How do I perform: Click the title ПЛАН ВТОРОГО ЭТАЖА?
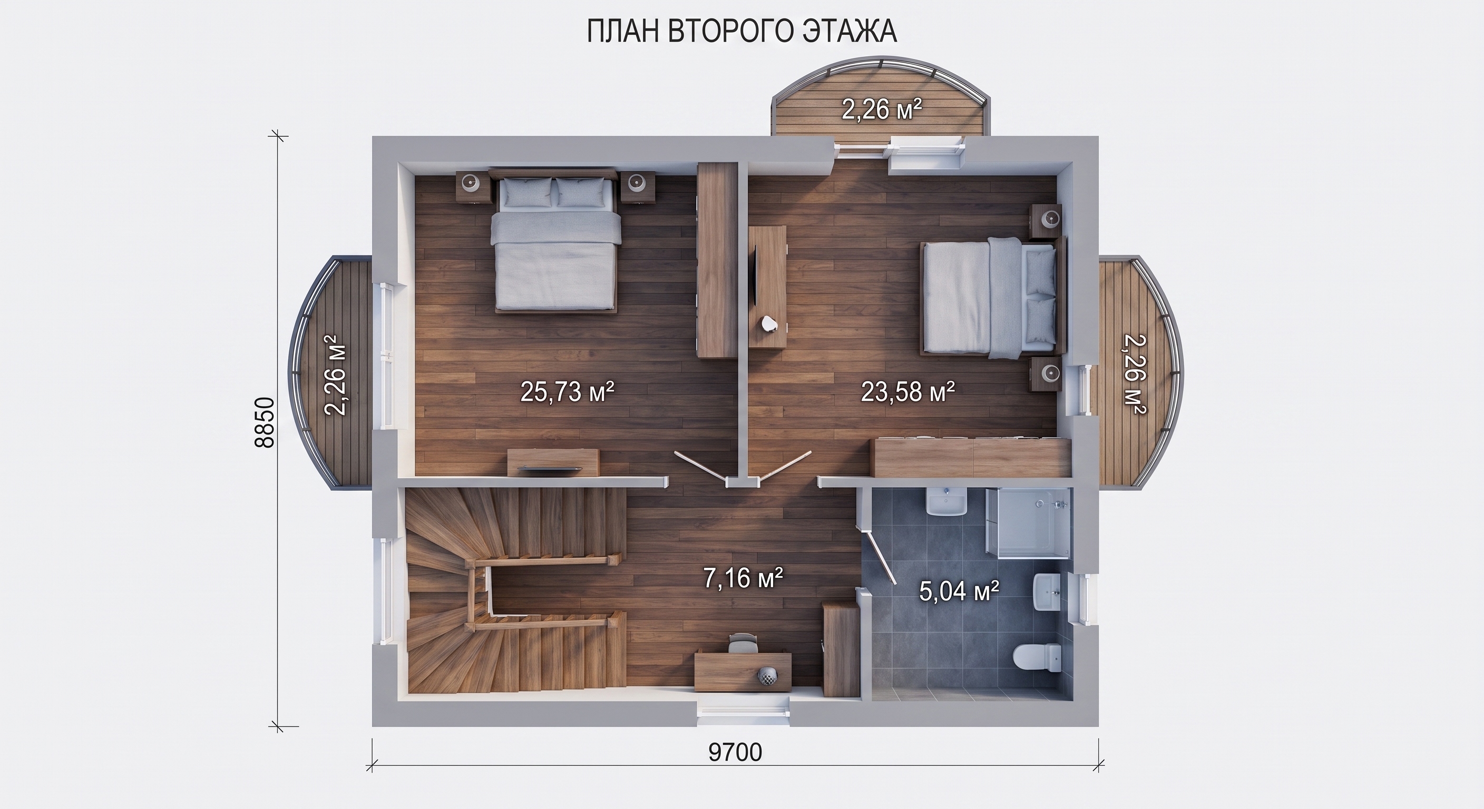(741, 32)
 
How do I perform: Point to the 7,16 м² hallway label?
(743, 578)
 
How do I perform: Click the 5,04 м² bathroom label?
(959, 591)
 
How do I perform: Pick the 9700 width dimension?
(735, 753)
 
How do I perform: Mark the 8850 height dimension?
(266, 422)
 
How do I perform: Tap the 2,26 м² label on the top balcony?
(882, 110)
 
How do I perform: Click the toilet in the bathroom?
(1037, 657)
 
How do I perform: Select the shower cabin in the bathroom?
(1028, 524)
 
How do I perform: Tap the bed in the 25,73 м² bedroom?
(555, 241)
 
